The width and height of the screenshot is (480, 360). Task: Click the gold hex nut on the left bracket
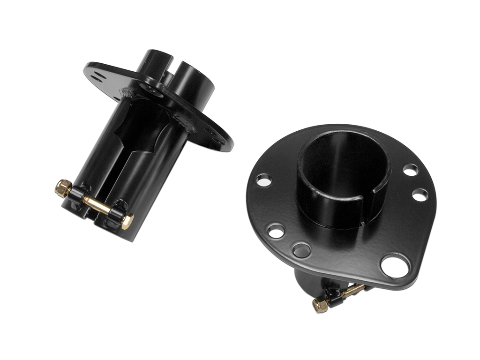62,188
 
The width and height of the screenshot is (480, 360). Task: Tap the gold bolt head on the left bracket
127,221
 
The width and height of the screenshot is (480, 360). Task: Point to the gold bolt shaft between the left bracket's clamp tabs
96,204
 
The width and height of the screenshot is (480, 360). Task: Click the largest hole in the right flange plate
394,266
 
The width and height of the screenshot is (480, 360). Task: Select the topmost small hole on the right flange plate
411,170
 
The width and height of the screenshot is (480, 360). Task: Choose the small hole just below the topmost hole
420,195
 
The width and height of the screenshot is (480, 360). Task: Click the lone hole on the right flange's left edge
264,180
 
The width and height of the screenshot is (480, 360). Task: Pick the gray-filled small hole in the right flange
301,250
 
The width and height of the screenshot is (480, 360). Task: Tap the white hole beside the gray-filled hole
276,231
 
